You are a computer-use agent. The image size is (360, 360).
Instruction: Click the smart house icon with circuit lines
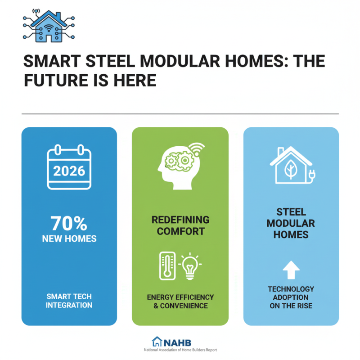(x=48, y=26)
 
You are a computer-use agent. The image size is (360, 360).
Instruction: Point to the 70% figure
(x=69, y=223)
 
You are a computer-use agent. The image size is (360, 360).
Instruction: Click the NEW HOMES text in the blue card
(x=69, y=238)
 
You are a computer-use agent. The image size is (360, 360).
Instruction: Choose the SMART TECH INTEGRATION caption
(x=69, y=301)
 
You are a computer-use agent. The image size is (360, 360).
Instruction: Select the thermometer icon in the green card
(x=167, y=265)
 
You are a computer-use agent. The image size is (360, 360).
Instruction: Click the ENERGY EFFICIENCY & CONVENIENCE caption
(x=180, y=301)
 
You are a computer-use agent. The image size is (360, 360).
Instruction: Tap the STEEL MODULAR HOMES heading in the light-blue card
(x=291, y=223)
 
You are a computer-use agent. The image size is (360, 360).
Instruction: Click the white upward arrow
(x=291, y=270)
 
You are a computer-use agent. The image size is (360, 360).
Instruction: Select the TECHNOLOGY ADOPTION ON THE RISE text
(x=291, y=297)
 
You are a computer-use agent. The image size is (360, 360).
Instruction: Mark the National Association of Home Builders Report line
(x=180, y=350)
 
